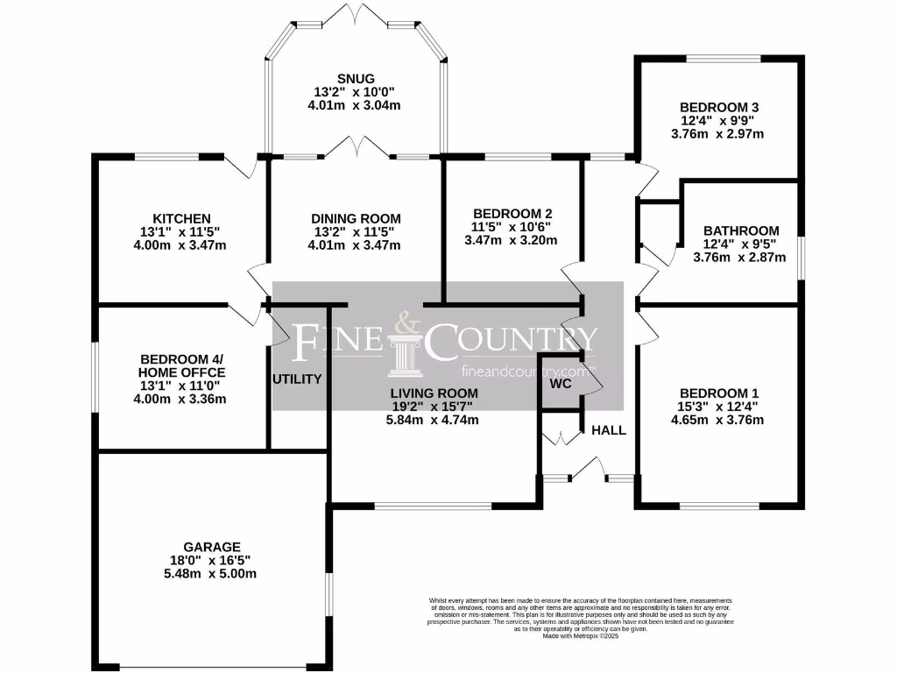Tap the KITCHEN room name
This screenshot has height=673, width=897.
point(181,218)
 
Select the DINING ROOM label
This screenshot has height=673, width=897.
point(356,218)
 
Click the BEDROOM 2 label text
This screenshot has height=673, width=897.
point(512,213)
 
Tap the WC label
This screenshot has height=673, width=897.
point(561,384)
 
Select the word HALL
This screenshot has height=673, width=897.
point(609,430)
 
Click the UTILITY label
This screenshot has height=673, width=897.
point(298,379)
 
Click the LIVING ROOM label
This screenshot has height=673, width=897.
point(434,393)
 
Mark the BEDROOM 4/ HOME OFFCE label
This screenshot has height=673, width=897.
point(182,365)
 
